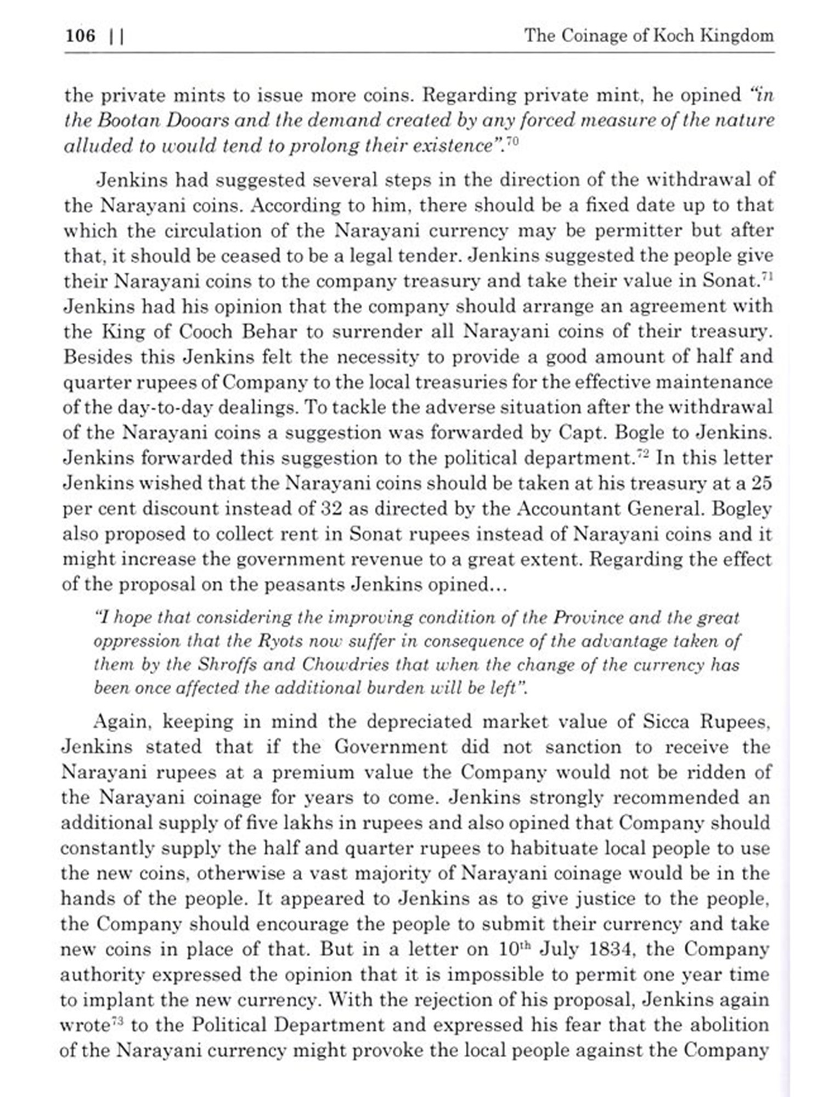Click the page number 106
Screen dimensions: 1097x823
(80, 36)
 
